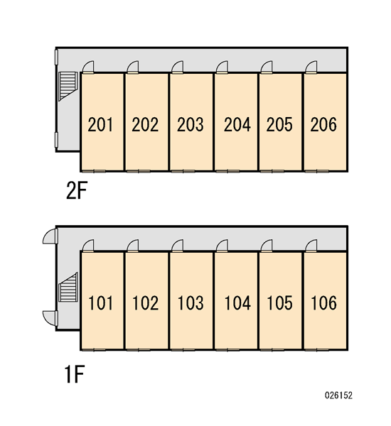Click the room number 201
coord(100,124)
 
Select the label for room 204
coord(237,124)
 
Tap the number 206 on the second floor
coord(323,124)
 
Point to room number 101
coord(100,303)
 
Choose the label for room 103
coord(191,303)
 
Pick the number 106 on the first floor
coord(323,303)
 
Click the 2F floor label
coord(77,190)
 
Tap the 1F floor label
coord(74,374)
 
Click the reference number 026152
coord(338,395)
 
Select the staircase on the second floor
coord(68,86)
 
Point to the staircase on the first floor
coord(68,287)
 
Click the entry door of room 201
coord(88,67)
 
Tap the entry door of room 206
coord(311,67)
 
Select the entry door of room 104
coord(222,246)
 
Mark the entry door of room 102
coord(133,246)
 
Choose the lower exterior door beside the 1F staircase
coord(50,317)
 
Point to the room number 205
coord(279,124)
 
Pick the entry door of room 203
coord(178,67)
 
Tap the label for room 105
coord(279,303)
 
